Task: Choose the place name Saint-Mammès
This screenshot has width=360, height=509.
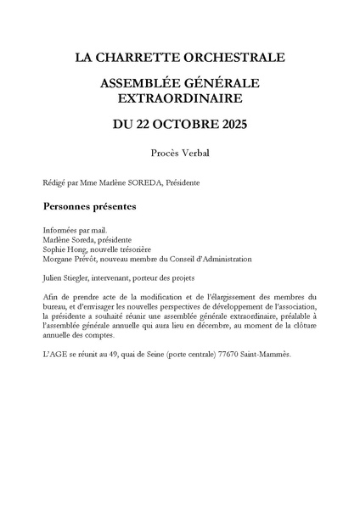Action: coord(268,354)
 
